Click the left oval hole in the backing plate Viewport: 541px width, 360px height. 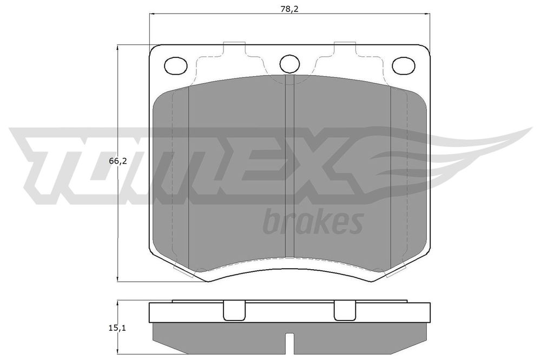pyautogui.click(x=174, y=65)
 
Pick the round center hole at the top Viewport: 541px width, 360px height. pyautogui.click(x=289, y=64)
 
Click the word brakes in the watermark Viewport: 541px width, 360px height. pyautogui.click(x=312, y=221)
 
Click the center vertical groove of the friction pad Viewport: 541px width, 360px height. pyautogui.click(x=289, y=168)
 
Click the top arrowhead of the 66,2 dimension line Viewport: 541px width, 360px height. pyautogui.click(x=118, y=49)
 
